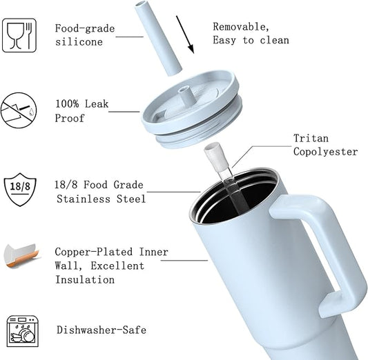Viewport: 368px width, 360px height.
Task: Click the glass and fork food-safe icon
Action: click(19, 35)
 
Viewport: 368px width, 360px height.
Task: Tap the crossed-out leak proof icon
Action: click(19, 110)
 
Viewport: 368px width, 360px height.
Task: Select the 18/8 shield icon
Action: click(20, 190)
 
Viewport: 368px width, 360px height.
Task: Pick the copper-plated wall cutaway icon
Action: click(21, 256)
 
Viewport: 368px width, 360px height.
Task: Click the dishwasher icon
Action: click(22, 331)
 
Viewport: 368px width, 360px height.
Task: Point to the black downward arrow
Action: click(185, 34)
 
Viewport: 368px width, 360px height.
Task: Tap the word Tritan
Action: click(311, 138)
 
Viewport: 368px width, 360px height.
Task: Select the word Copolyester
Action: click(325, 152)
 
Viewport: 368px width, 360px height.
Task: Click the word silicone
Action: click(79, 42)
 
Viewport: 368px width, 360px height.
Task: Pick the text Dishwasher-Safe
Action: click(101, 330)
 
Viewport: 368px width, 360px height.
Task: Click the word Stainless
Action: click(84, 199)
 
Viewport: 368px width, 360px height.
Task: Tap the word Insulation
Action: click(85, 279)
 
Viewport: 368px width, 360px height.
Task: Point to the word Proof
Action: click(70, 118)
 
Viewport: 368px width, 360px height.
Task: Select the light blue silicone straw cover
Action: click(158, 39)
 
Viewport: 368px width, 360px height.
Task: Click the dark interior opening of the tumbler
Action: click(237, 201)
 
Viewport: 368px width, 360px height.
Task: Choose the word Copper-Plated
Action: click(94, 252)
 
